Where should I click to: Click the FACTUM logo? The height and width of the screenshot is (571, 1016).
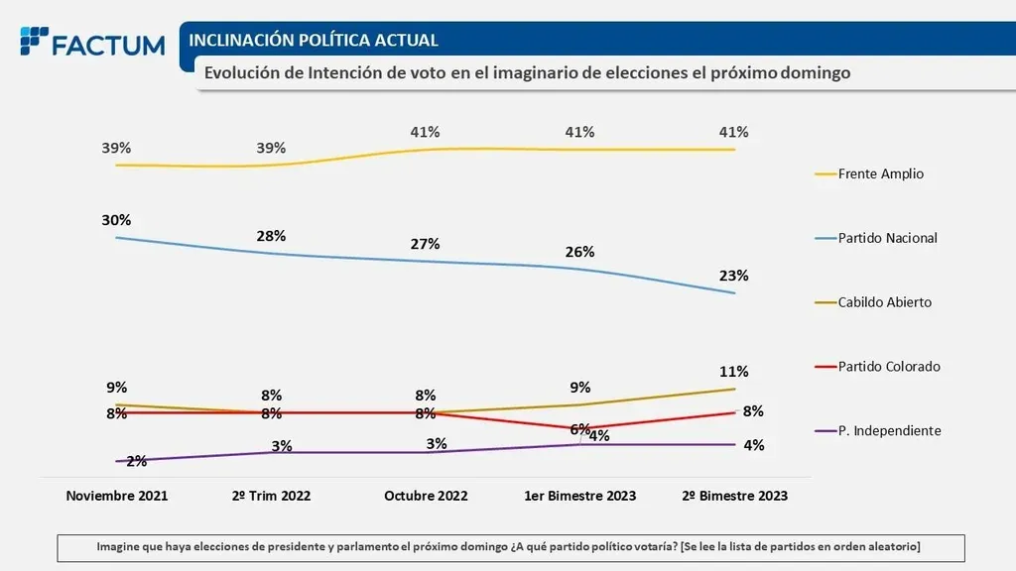(x=92, y=44)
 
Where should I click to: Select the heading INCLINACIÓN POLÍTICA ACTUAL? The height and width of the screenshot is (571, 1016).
(x=314, y=41)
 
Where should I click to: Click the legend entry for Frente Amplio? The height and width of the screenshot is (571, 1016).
(x=880, y=173)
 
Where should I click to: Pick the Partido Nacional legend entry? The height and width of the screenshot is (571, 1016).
(x=887, y=238)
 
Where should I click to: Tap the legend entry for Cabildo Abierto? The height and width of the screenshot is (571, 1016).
(x=884, y=302)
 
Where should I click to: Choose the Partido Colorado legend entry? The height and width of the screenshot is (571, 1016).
(x=888, y=367)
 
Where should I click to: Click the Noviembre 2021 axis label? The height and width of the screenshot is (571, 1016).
(x=116, y=496)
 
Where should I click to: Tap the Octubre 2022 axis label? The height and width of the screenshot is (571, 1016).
(x=426, y=496)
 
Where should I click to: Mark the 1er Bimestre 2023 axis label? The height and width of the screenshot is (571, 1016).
(x=579, y=496)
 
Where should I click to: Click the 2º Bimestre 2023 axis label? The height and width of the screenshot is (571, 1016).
(x=734, y=496)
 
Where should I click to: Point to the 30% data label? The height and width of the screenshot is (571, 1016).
(x=116, y=220)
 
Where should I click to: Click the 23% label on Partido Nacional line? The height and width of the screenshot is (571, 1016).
(x=734, y=276)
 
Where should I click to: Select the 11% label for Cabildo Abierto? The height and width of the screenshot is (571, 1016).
(x=734, y=372)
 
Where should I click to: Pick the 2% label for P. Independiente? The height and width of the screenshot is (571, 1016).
(x=137, y=460)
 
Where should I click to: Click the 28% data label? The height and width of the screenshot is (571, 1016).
(x=271, y=236)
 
